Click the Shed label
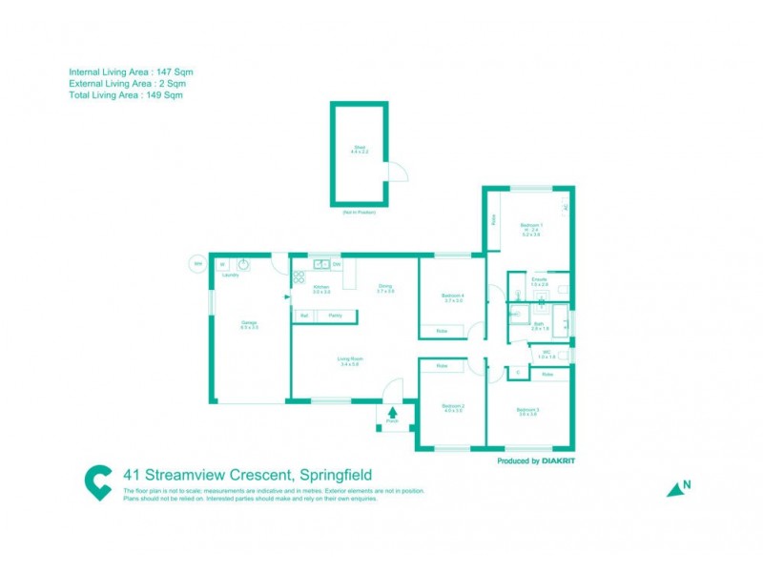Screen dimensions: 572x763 pos(360,147)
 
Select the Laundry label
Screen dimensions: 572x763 pos(230,276)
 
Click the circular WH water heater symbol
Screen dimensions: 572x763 pos(198,264)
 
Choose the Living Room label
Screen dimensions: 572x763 pos(349,360)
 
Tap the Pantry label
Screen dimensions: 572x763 pos(336,315)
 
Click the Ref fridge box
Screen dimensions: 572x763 pos(303,315)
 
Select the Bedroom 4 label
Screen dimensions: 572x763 pos(452,297)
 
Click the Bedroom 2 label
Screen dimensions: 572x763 pos(452,408)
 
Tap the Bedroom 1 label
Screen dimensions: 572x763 pos(530,227)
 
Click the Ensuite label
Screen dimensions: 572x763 pos(539,281)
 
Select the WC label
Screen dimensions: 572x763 pos(546,354)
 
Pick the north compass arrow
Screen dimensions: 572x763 pos(678,488)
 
